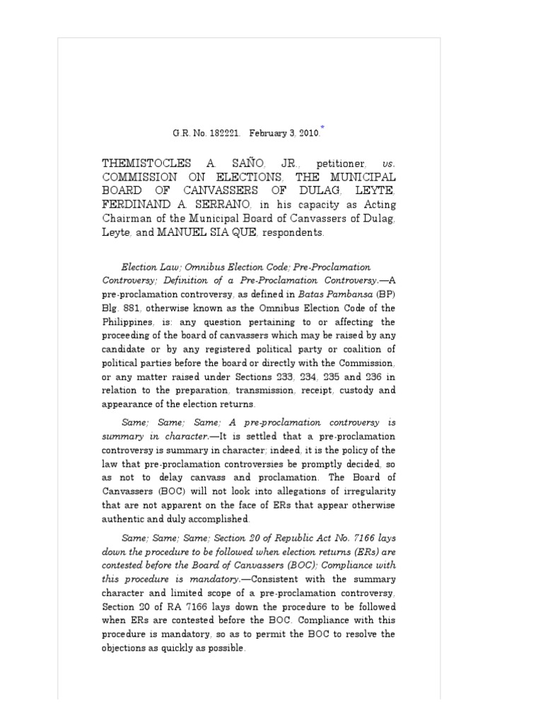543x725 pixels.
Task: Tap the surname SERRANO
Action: click(212, 205)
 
